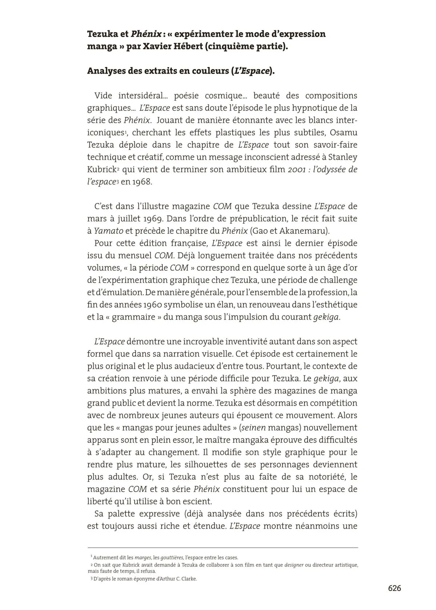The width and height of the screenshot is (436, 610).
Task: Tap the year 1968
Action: tap(142, 182)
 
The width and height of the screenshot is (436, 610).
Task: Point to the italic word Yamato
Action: tap(109, 231)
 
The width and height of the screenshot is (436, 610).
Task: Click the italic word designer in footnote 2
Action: tap(294, 565)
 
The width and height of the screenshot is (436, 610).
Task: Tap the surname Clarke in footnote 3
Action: tap(188, 579)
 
